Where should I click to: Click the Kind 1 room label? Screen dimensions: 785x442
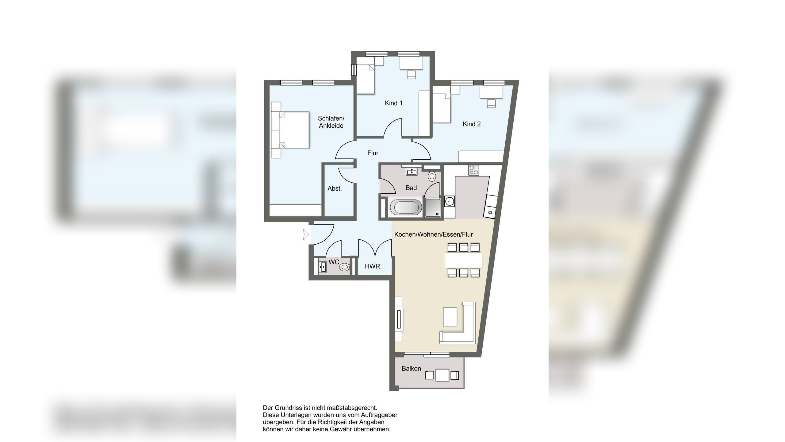tap(393, 103)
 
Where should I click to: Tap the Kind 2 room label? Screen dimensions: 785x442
tap(472, 124)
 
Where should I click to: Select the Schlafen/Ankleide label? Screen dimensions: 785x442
tap(331, 122)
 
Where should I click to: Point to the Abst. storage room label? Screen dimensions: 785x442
tap(335, 188)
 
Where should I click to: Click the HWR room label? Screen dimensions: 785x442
tap(372, 266)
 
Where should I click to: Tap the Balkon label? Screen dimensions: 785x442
tap(411, 368)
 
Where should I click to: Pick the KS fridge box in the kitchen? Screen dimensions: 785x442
tap(490, 212)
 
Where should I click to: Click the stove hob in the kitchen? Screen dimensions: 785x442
tap(473, 170)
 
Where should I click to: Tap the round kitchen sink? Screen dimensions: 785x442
tap(450, 201)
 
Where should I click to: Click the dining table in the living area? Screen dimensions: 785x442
tap(463, 260)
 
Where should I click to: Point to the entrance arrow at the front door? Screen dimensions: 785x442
tap(306, 235)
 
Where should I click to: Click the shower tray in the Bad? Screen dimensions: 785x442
tap(433, 207)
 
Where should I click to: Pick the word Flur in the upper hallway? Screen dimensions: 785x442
tap(373, 153)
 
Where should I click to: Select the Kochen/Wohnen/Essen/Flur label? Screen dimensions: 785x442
tap(433, 235)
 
